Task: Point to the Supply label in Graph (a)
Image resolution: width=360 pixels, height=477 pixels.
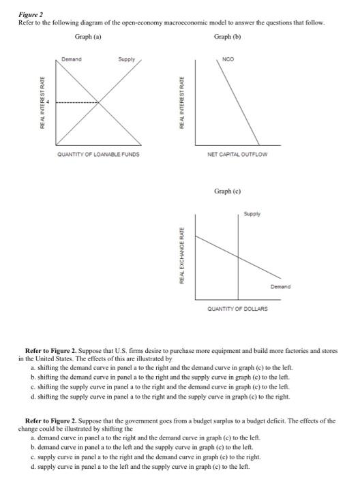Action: tap(126, 59)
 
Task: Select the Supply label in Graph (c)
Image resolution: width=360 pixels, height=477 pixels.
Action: tap(253, 215)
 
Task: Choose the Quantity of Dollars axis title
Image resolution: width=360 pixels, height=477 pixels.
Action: tap(237, 309)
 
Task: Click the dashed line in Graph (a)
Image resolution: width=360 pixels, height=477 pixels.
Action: tap(76, 103)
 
